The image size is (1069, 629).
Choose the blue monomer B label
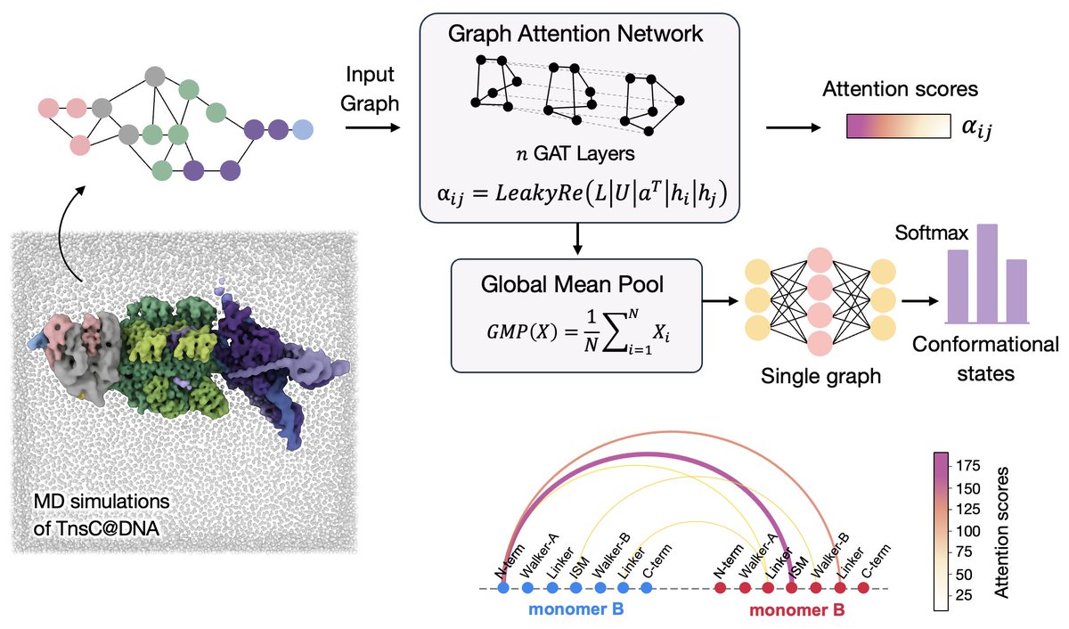click(576, 612)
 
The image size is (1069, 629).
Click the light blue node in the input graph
click(303, 129)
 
